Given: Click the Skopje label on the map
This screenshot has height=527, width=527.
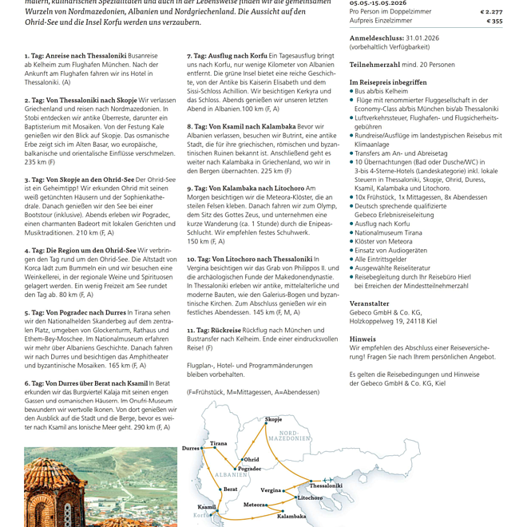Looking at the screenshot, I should point(273,419).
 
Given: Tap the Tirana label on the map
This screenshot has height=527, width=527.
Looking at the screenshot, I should point(218,443).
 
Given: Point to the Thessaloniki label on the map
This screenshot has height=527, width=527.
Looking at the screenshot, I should point(325,485).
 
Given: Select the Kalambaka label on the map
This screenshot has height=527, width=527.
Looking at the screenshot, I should point(291,516).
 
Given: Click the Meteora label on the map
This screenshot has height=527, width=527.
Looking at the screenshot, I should point(255,505).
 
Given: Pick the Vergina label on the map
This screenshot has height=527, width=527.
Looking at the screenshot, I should point(271,490).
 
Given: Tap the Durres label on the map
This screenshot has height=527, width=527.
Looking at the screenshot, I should point(191,449).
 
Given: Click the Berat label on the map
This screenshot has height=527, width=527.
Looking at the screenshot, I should point(230,489).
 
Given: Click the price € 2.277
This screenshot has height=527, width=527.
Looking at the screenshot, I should point(491,12).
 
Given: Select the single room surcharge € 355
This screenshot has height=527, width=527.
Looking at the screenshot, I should point(494,22).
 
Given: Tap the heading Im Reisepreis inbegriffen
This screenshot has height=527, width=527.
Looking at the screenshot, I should point(388,81).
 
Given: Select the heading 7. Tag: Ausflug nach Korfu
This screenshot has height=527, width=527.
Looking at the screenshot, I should point(227,56).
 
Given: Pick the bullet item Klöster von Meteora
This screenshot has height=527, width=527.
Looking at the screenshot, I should point(384,240).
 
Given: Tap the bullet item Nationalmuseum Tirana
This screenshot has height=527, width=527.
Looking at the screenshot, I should point(393,232).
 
